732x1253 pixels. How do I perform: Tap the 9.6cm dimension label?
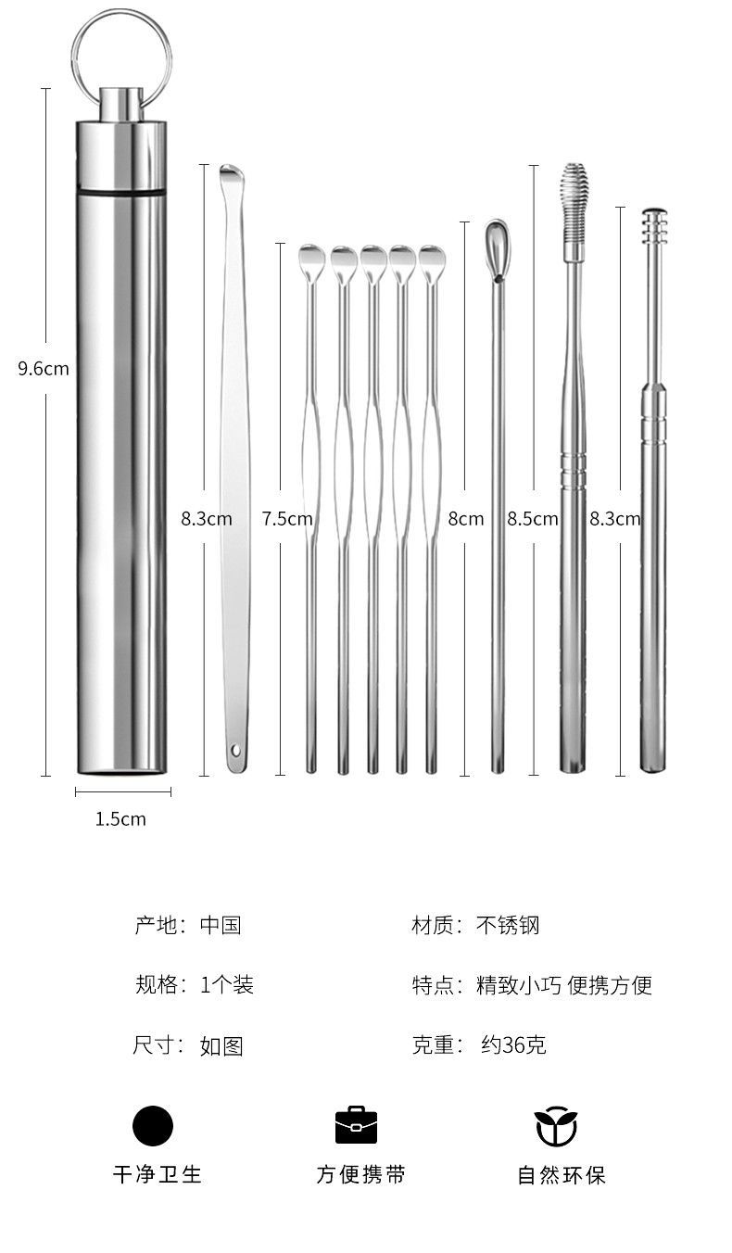(44, 369)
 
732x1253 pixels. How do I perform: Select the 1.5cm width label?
(120, 819)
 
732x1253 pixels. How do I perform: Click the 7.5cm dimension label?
(287, 519)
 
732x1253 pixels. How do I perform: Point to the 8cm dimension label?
(466, 519)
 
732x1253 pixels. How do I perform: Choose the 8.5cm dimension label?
(533, 519)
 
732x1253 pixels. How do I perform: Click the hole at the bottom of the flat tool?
(235, 749)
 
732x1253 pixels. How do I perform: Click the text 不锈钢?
(508, 926)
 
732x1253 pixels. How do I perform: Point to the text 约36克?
(513, 1044)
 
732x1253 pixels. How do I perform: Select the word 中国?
(221, 926)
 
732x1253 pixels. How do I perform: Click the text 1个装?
(227, 985)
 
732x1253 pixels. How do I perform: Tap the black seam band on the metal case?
(121, 192)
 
